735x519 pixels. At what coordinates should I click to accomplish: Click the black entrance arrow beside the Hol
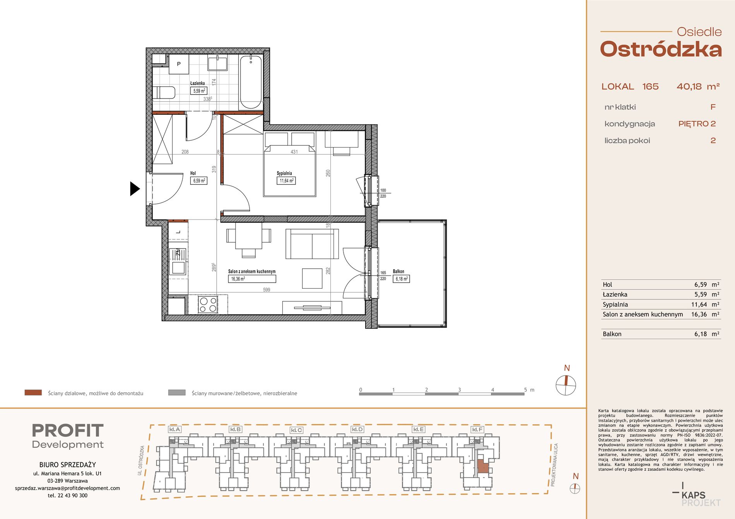[x=134, y=189]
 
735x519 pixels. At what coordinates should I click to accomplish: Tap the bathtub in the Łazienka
[x=251, y=82]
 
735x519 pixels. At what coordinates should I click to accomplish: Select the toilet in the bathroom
[x=164, y=93]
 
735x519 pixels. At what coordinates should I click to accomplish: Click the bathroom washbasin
[x=217, y=63]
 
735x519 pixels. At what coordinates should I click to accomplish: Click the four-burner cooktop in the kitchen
[x=208, y=304]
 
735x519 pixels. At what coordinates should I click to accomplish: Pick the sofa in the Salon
[x=312, y=244]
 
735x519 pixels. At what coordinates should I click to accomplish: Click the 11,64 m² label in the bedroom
[x=287, y=180]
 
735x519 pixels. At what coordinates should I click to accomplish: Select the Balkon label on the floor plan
[x=398, y=272]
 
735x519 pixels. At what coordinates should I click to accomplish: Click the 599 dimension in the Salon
[x=267, y=290]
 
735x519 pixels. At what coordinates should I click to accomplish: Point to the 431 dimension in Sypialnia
[x=294, y=152]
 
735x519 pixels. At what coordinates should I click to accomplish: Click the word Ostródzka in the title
[x=661, y=49]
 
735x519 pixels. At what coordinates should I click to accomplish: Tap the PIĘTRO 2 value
[x=697, y=124]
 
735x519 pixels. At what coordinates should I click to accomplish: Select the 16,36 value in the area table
[x=699, y=314]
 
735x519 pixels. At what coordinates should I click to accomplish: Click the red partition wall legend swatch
[x=33, y=393]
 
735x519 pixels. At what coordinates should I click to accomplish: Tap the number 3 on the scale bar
[x=459, y=390]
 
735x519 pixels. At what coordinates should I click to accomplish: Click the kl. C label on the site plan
[x=296, y=430]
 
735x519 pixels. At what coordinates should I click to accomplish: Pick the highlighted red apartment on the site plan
[x=482, y=467]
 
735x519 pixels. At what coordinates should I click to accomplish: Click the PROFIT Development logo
[x=68, y=436]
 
